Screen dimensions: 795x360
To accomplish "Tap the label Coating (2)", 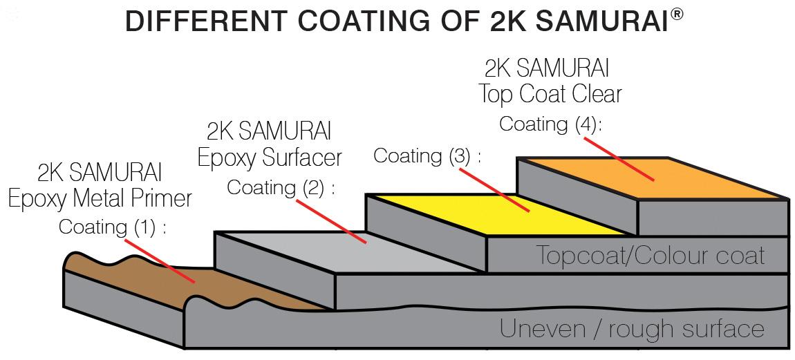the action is point(281,188).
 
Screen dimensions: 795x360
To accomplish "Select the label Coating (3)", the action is point(427,155).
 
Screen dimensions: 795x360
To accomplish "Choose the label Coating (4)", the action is point(551,124).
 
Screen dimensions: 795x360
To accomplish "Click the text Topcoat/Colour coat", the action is point(651,254).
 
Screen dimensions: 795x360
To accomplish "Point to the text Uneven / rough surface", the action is point(632,329).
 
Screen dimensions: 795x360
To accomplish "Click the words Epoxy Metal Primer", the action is point(100,199).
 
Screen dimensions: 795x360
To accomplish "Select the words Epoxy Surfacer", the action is point(270,158).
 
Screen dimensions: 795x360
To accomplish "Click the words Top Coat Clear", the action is point(550,94).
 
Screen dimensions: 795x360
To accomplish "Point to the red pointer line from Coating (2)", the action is point(330,222).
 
